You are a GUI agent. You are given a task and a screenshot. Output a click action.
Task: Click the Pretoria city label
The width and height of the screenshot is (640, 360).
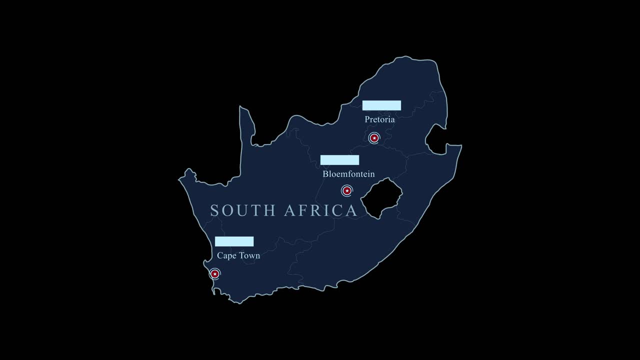tap(379, 119)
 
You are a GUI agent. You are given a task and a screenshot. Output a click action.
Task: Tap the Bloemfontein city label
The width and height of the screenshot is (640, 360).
tap(348, 174)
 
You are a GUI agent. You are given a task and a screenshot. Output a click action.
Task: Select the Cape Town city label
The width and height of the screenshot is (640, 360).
tap(238, 255)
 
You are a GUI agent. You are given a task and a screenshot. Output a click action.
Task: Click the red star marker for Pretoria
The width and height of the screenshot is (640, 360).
tap(374, 138)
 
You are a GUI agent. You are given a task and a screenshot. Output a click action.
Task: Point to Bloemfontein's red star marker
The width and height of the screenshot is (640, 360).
tap(347, 190)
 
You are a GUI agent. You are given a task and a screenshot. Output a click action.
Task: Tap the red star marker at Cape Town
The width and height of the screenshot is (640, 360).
tap(215, 273)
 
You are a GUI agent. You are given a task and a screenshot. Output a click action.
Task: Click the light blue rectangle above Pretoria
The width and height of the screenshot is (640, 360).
tap(381, 105)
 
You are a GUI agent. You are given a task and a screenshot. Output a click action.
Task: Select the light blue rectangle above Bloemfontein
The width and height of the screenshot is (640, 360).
tap(339, 160)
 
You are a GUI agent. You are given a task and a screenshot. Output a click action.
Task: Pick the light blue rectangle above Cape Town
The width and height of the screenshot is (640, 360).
tap(234, 241)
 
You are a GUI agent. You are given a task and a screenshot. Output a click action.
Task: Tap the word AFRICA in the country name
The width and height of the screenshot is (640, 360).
tap(320, 210)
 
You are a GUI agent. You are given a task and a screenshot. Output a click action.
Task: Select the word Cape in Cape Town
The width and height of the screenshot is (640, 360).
tap(225, 255)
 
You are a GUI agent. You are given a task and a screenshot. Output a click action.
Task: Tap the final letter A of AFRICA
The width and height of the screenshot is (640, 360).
tap(351, 210)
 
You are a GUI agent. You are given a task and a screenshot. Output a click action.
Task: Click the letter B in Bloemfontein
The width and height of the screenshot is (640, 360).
tap(326, 174)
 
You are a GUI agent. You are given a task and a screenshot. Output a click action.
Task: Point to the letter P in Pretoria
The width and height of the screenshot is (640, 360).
tap(367, 119)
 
